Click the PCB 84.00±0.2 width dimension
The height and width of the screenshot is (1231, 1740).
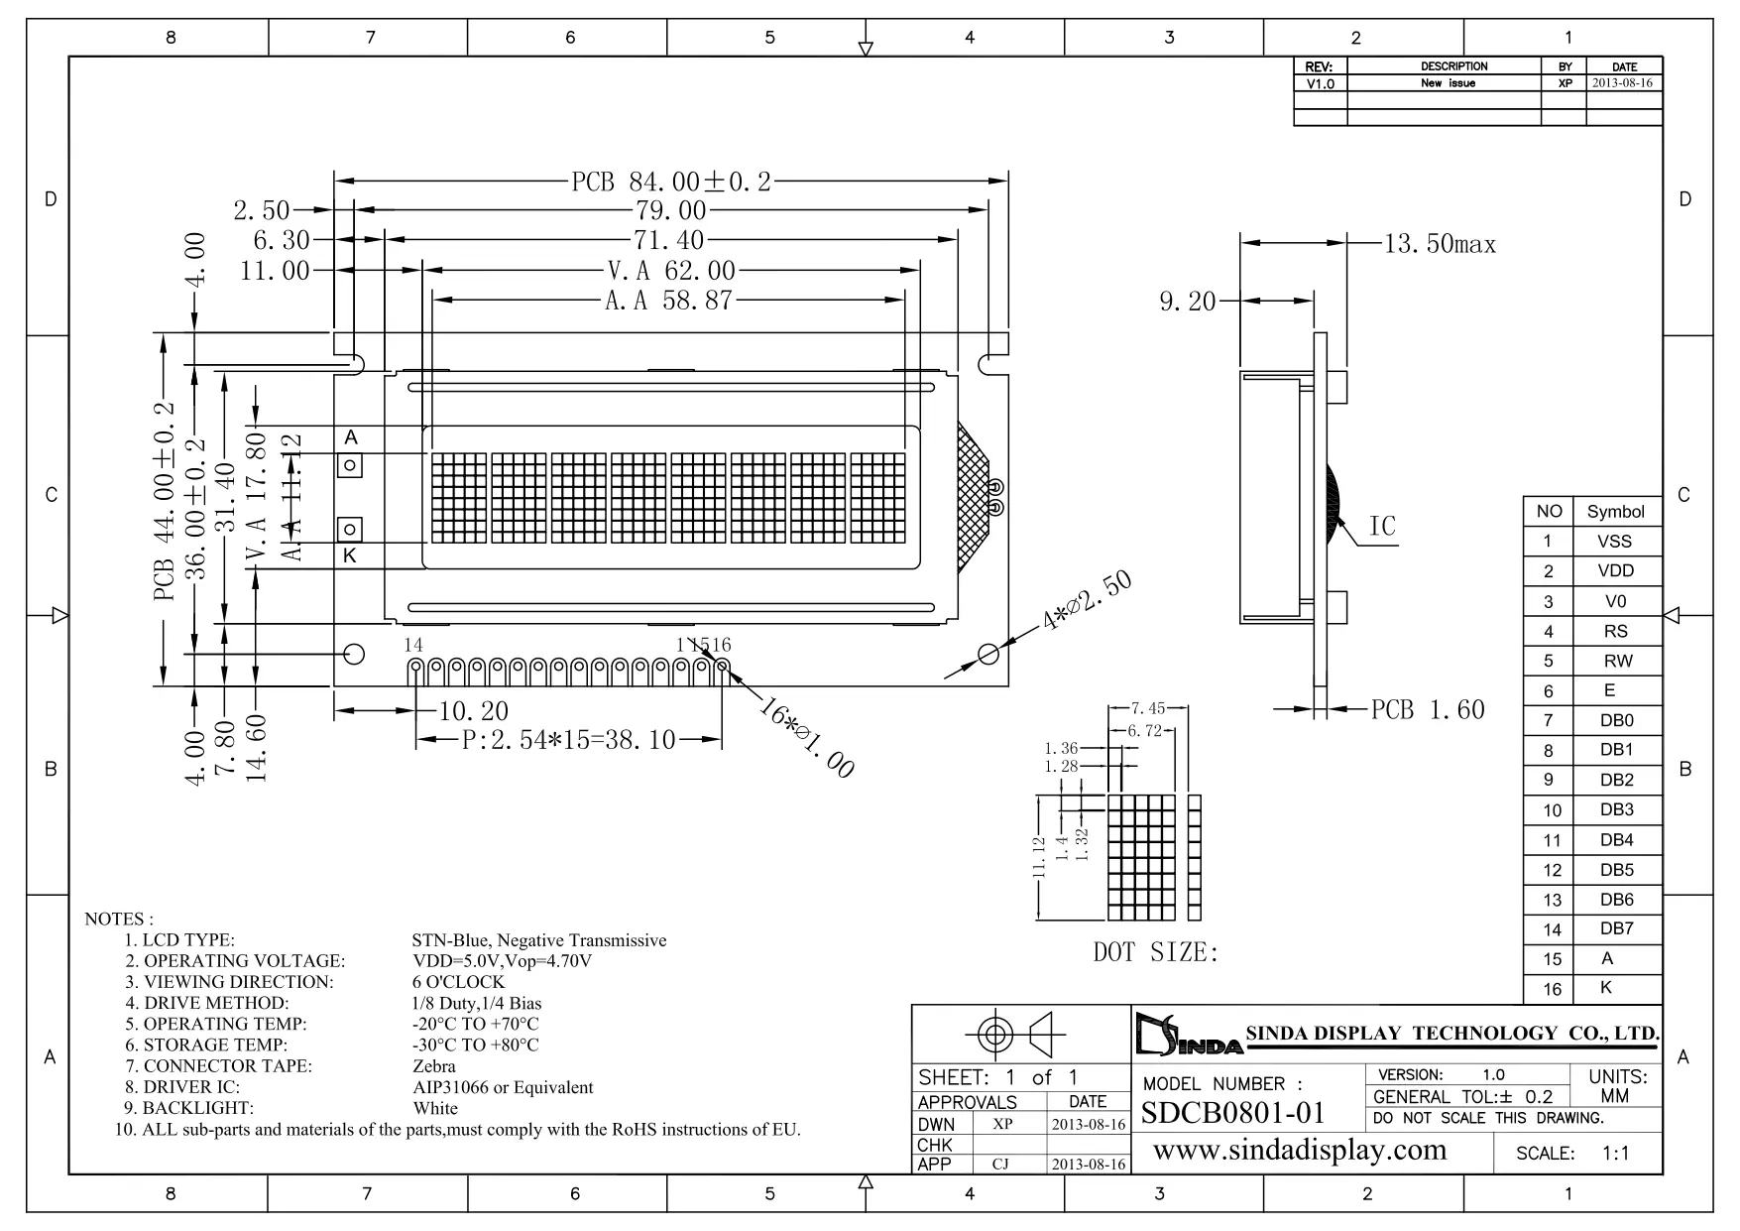[x=671, y=182]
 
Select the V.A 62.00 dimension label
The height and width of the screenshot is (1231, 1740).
[x=671, y=271]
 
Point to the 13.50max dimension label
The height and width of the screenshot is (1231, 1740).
[x=1440, y=244]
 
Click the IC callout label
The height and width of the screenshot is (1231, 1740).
[x=1382, y=526]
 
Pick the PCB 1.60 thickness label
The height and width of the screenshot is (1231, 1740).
[x=1428, y=709]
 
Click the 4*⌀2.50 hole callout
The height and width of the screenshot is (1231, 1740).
[x=1087, y=602]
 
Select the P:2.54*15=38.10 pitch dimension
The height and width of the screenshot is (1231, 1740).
[x=569, y=740]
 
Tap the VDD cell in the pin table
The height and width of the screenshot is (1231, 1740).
[x=1615, y=571]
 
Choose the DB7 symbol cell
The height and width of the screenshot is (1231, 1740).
[x=1616, y=929]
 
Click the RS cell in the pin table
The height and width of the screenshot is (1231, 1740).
[x=1615, y=631]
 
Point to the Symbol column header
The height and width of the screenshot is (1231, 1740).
[x=1615, y=512]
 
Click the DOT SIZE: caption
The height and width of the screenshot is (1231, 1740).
[x=1155, y=953]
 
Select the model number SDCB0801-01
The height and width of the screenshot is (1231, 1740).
[x=1233, y=1113]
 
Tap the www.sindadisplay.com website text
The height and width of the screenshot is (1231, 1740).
[x=1300, y=1151]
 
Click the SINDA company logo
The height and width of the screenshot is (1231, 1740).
[x=1187, y=1036]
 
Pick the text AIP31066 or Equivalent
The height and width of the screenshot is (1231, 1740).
[x=503, y=1087]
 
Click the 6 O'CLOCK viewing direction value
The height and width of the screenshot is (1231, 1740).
[x=458, y=982]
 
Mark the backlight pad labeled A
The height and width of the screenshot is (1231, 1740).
[x=350, y=464]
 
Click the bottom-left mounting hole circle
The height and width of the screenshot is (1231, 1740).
[x=353, y=654]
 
